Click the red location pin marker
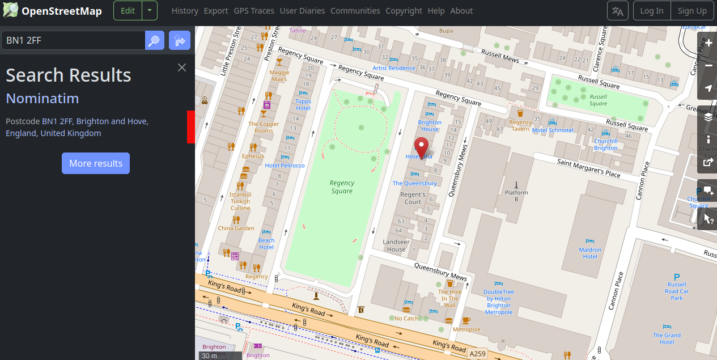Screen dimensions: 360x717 (421, 147)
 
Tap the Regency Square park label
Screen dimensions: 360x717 (342, 187)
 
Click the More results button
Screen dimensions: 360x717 (96, 163)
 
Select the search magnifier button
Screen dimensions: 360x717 (155, 40)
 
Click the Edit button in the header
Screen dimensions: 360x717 (128, 11)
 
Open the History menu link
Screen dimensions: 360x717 (185, 11)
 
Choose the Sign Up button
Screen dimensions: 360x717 (692, 11)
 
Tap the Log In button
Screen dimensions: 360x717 (652, 11)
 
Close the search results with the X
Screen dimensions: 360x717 (182, 67)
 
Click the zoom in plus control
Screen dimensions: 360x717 (708, 43)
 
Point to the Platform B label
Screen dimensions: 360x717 (516, 196)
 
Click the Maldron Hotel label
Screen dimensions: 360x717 (590, 253)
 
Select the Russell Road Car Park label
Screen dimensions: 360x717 (677, 291)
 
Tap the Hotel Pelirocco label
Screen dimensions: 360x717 (285, 166)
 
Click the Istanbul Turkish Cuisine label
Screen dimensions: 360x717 (240, 201)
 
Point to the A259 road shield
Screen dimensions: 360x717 (478, 354)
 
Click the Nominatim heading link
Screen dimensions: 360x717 (43, 99)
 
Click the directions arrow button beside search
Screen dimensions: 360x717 (180, 40)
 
